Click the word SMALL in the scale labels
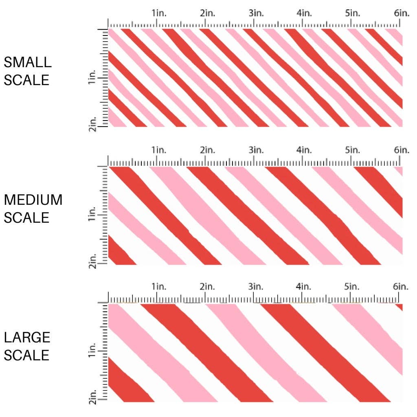coord(28,62)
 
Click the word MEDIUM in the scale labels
coord(33,200)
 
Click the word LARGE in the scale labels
coord(27,337)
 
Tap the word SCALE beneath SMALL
coord(26,80)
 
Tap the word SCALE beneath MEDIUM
coord(26,217)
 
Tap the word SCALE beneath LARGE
coord(26,355)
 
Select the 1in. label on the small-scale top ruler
coord(159,13)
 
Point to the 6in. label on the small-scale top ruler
coord(402,13)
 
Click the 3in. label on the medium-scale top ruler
coord(256,150)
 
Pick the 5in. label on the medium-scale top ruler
coord(353,150)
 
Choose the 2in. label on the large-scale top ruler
coord(207,286)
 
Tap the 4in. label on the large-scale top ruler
coord(304,286)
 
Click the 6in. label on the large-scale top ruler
coord(402,286)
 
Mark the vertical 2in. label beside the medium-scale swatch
coord(92,261)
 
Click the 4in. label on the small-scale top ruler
coord(304,13)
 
